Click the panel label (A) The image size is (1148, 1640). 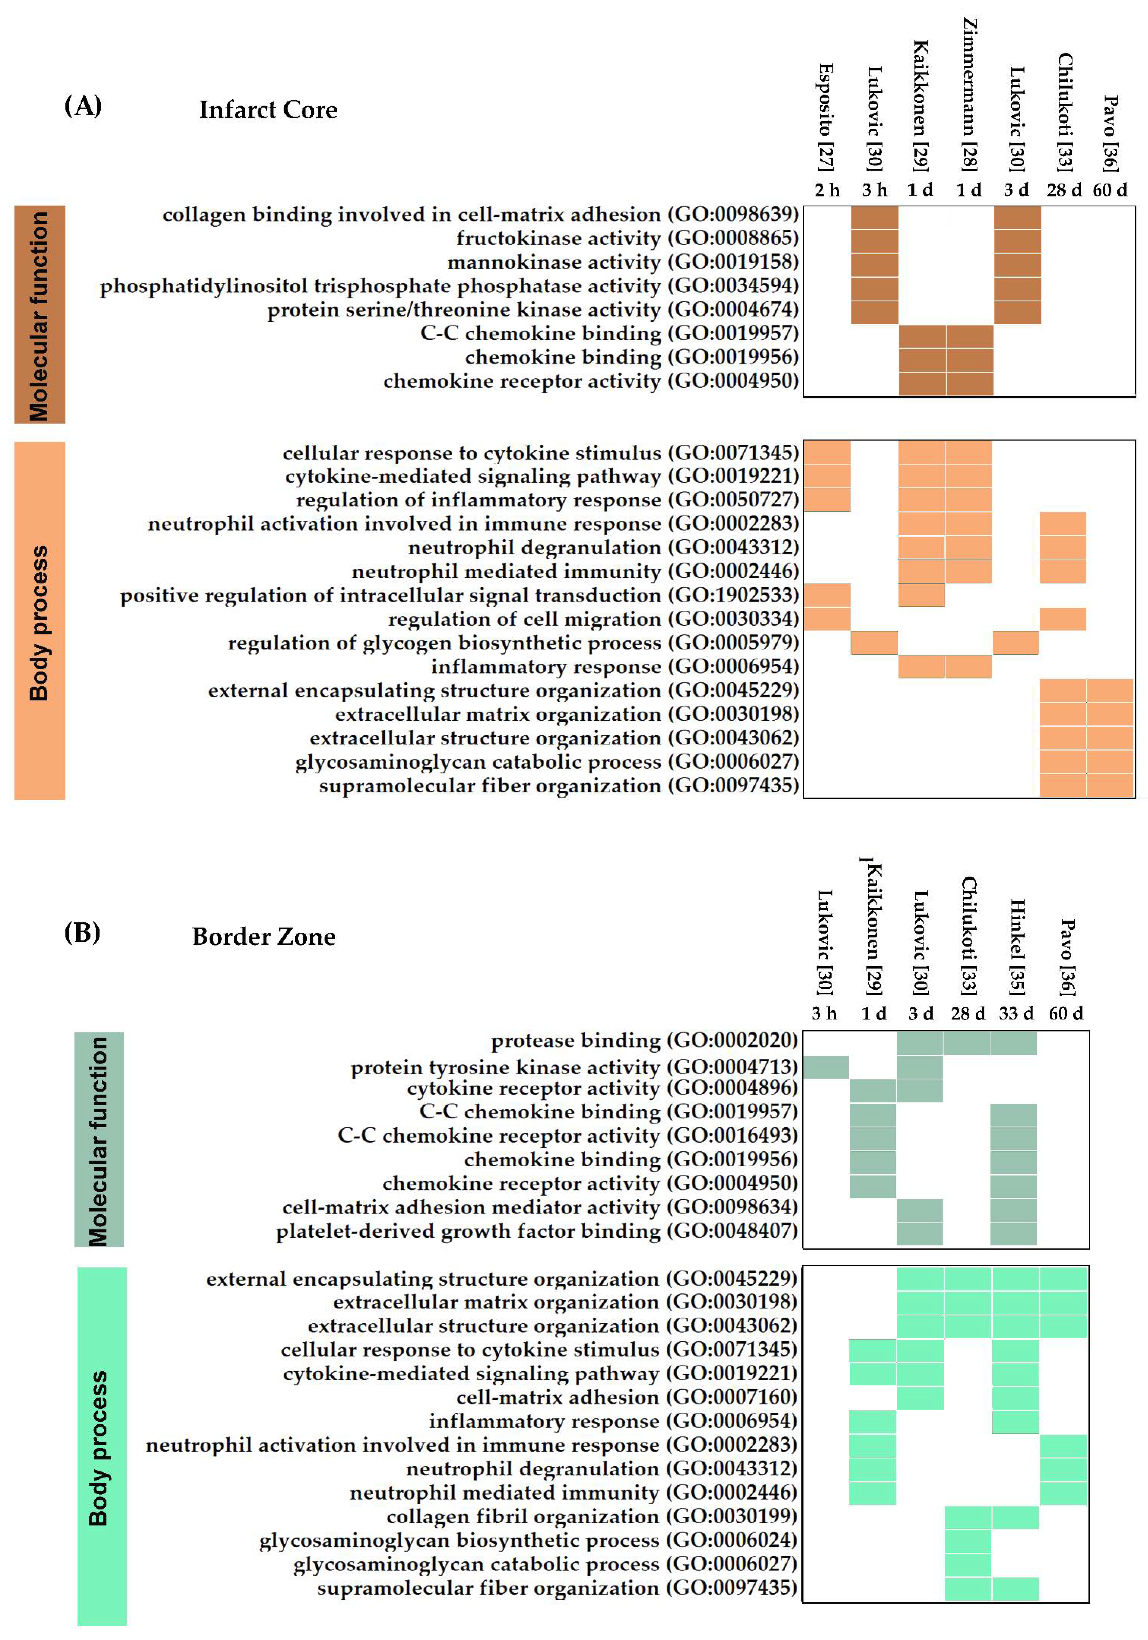[x=83, y=106]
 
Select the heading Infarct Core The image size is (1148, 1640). [x=268, y=110]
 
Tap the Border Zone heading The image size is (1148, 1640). [x=264, y=936]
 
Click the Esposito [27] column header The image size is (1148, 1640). [x=826, y=118]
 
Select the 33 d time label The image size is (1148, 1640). [x=1016, y=1013]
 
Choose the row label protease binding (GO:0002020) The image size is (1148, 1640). [x=644, y=1041]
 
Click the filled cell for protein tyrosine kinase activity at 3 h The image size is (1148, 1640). [x=826, y=1066]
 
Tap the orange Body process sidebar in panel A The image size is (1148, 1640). [x=40, y=620]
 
